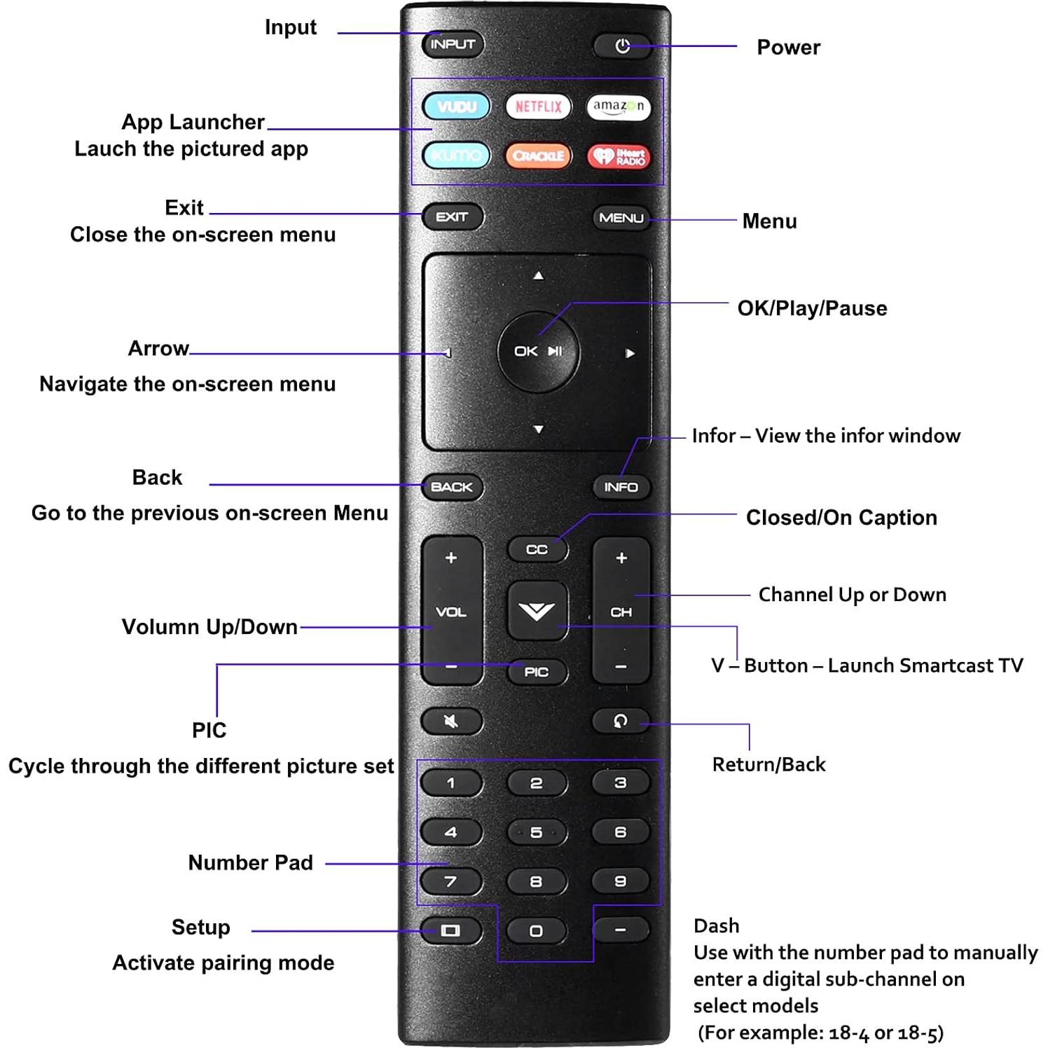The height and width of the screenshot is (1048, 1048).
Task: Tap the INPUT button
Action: point(453,44)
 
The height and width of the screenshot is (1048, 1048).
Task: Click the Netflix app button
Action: point(538,106)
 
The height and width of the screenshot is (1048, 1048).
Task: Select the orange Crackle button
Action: point(538,156)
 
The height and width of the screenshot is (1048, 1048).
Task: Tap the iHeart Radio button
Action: point(619,156)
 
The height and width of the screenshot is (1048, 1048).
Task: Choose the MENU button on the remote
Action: point(621,218)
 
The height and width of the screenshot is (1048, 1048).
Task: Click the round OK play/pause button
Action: point(538,351)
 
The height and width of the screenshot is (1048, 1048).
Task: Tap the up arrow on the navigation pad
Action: point(538,276)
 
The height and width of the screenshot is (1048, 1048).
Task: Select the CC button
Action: point(537,550)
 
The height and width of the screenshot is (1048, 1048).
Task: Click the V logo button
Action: point(537,611)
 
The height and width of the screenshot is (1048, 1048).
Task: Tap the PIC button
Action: point(537,672)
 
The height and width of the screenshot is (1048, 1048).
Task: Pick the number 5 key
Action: point(536,832)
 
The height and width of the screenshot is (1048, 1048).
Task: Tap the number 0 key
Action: point(536,931)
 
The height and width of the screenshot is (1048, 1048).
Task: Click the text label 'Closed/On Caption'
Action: point(841,518)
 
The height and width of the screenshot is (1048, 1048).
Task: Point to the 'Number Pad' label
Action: point(250,862)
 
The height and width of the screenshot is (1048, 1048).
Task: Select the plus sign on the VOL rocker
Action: point(451,558)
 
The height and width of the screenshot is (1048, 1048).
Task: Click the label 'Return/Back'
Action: point(768,764)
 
